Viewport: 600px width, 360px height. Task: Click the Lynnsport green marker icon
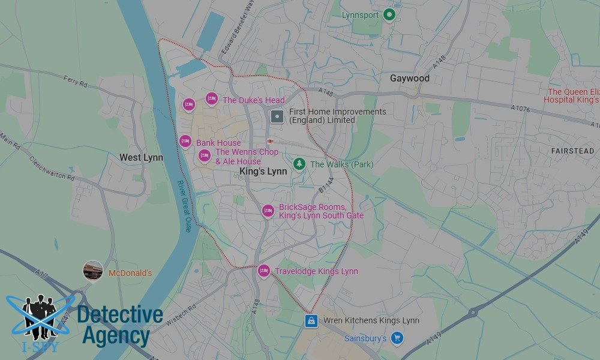[389, 14]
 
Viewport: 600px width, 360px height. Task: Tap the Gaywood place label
[410, 79]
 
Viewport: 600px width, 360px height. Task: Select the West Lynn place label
[141, 158]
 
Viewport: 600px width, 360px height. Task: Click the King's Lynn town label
[263, 171]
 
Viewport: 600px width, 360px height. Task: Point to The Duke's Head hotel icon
[211, 99]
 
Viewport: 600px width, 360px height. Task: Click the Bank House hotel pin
[186, 142]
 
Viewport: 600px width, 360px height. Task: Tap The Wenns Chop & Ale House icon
[205, 157]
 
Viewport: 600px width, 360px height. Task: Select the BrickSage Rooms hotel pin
[268, 211]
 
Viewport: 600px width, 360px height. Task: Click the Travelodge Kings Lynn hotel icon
[263, 271]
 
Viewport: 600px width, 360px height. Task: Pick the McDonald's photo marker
[93, 271]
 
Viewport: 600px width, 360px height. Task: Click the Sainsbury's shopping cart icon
[396, 339]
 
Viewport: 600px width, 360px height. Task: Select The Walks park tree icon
[299, 164]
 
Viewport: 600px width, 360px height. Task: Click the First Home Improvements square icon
[277, 116]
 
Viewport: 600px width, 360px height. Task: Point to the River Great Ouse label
[184, 206]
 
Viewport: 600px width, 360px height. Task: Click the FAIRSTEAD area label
[573, 151]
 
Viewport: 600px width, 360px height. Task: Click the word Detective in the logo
[120, 316]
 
